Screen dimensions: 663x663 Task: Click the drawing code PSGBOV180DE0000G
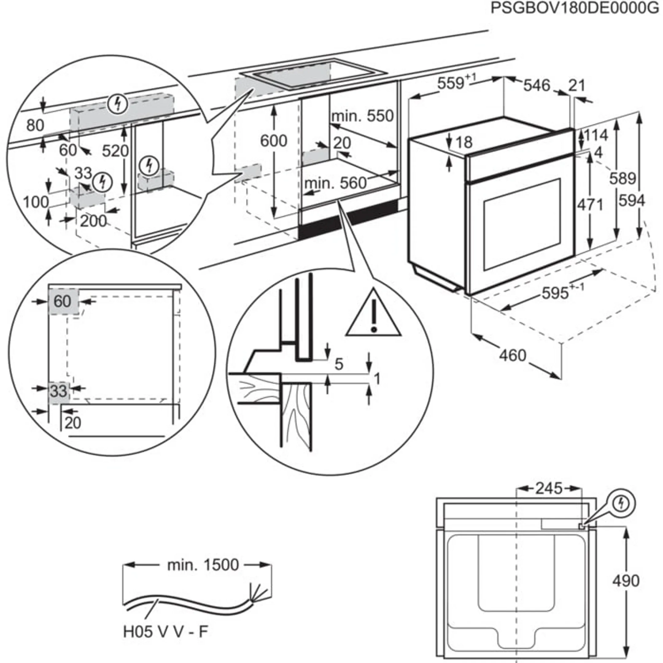pyautogui.click(x=575, y=8)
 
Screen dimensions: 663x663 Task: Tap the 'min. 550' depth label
pyautogui.click(x=363, y=116)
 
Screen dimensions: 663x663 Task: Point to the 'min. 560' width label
pyautogui.click(x=335, y=183)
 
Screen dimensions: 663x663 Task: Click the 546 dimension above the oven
pyautogui.click(x=536, y=85)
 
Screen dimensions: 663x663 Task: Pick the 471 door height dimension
pyautogui.click(x=590, y=205)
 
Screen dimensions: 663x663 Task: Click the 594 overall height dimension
pyautogui.click(x=631, y=200)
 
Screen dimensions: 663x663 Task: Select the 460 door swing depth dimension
pyautogui.click(x=512, y=355)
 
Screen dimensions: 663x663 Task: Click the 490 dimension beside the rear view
pyautogui.click(x=626, y=581)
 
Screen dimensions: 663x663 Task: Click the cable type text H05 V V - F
pyautogui.click(x=165, y=632)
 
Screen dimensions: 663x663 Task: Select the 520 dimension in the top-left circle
pyautogui.click(x=115, y=151)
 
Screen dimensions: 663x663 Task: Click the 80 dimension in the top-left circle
pyautogui.click(x=35, y=125)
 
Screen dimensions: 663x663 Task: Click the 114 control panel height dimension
pyautogui.click(x=596, y=135)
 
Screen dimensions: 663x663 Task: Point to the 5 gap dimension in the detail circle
pyautogui.click(x=339, y=364)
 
